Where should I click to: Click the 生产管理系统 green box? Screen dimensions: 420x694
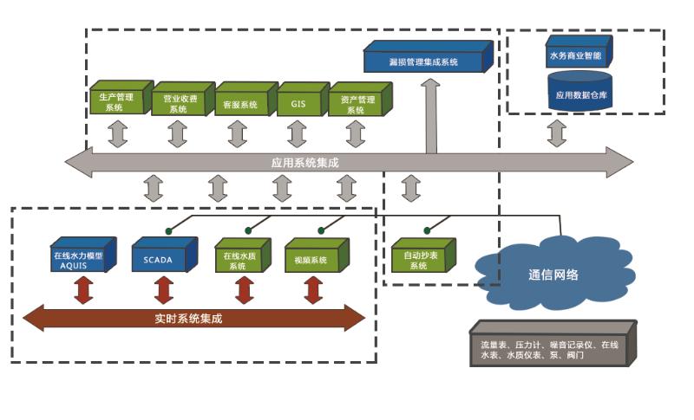pyautogui.click(x=117, y=102)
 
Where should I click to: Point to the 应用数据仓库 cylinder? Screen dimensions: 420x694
pyautogui.click(x=579, y=94)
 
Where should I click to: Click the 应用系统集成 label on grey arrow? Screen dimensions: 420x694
pyautogui.click(x=304, y=162)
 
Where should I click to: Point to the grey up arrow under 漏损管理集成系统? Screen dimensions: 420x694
pyautogui.click(x=429, y=117)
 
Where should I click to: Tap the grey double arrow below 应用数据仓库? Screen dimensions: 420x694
pyautogui.click(x=556, y=133)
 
